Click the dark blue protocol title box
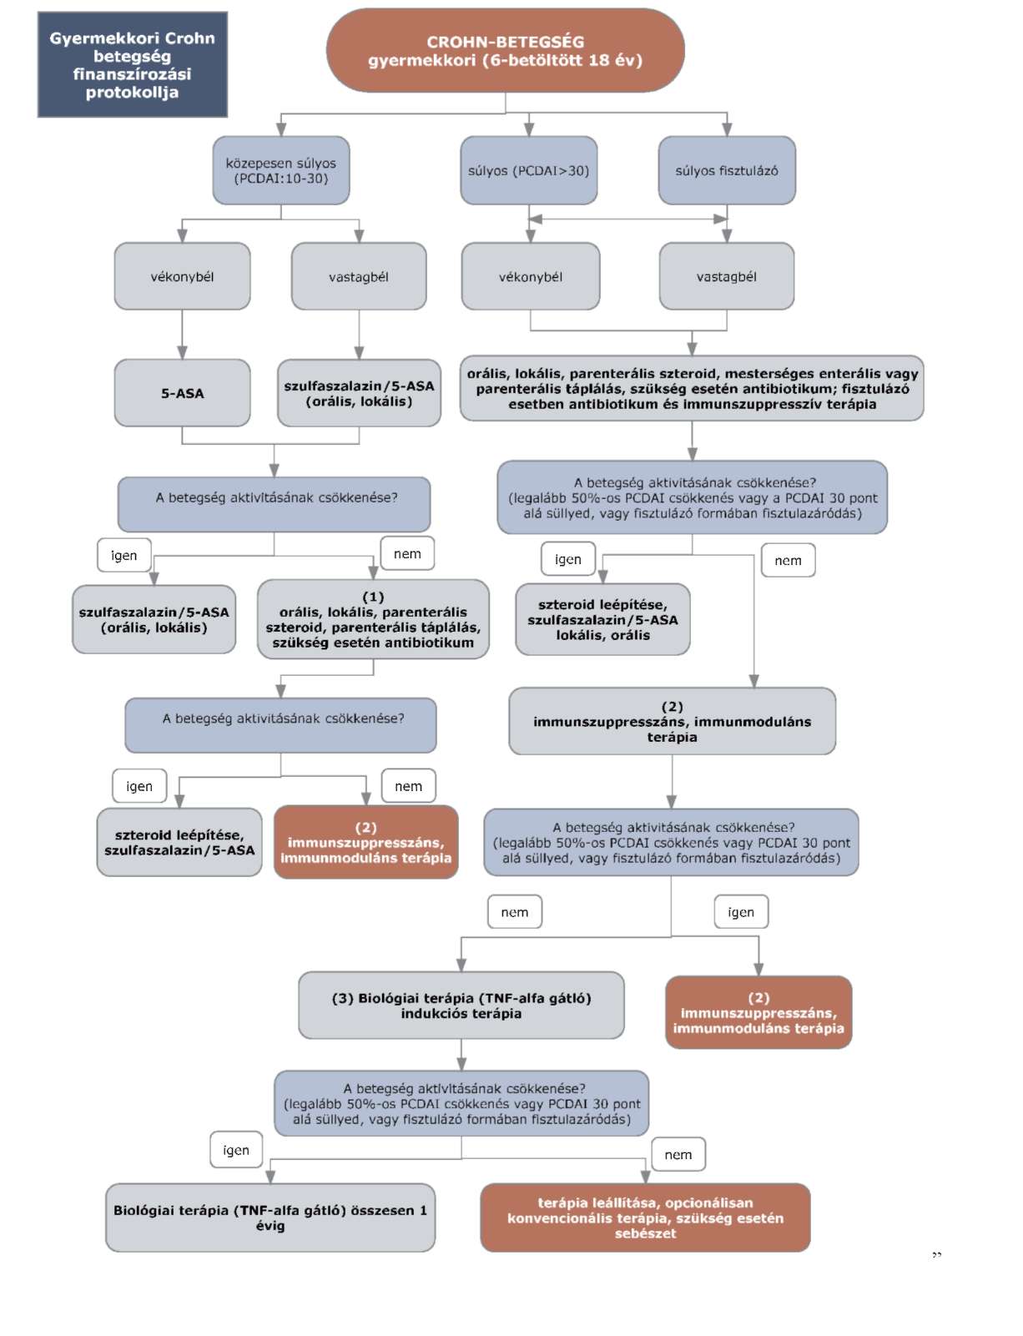pos(132,64)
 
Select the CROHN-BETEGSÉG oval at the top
pos(505,50)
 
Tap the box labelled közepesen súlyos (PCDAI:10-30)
pos(281,170)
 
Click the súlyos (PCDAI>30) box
pos(529,170)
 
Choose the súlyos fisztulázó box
pos(727,170)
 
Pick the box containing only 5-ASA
pos(182,393)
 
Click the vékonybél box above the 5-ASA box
pos(182,276)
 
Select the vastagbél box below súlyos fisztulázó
pos(726,276)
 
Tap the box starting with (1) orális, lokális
pos(373,619)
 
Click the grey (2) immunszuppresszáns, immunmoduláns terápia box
pos(672,721)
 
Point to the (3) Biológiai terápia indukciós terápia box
pos(461,1006)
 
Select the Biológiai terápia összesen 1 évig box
pos(270,1218)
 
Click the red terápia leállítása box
pos(645,1218)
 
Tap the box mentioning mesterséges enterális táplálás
pos(692,388)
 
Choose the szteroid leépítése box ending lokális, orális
pos(602,619)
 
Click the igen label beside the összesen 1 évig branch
pos(236,1150)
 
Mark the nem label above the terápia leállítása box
pos(678,1155)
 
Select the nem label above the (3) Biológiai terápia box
pos(515,912)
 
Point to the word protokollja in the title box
pos(132,93)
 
